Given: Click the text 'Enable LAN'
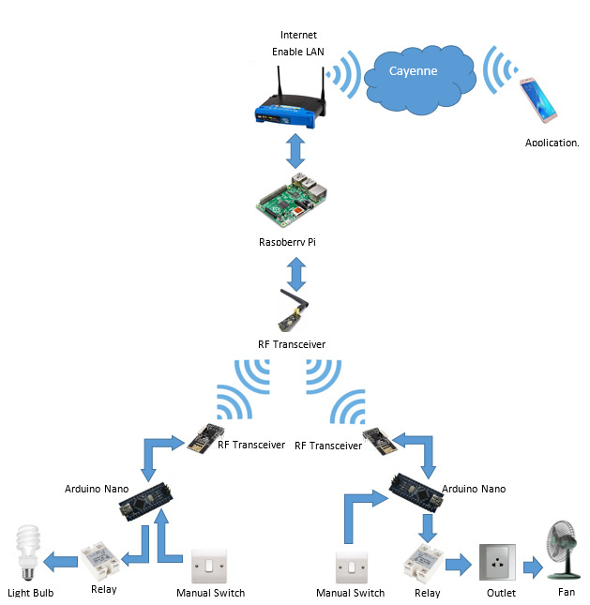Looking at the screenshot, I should tap(297, 52).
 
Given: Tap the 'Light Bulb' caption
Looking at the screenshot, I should tap(31, 593).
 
